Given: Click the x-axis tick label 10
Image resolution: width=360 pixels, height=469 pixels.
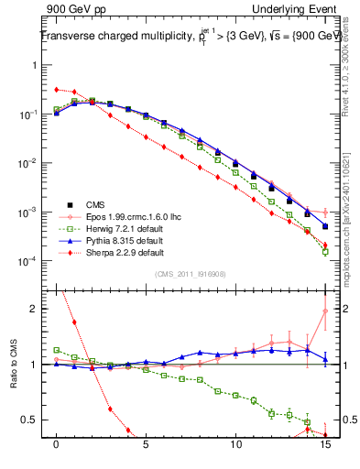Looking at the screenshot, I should (x=235, y=445).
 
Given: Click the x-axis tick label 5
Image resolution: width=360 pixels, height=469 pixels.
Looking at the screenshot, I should (x=147, y=445).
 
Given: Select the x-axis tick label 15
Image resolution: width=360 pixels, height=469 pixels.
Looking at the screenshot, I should (x=324, y=445).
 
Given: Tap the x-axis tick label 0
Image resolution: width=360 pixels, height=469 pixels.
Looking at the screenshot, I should (x=57, y=445).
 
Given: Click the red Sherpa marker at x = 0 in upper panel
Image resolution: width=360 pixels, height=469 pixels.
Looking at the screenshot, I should (x=57, y=90).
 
